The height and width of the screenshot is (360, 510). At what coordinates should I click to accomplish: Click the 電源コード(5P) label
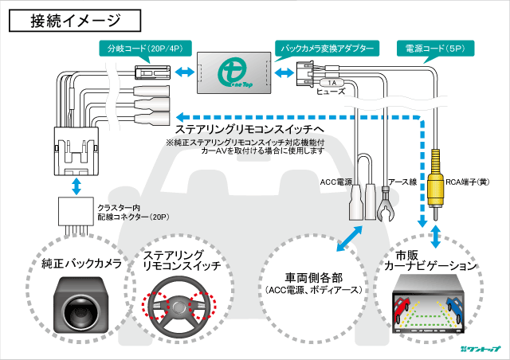click(435, 49)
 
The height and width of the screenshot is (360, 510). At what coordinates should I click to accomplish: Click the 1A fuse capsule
click(331, 82)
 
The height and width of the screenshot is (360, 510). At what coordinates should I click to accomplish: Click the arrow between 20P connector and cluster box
click(76, 186)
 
